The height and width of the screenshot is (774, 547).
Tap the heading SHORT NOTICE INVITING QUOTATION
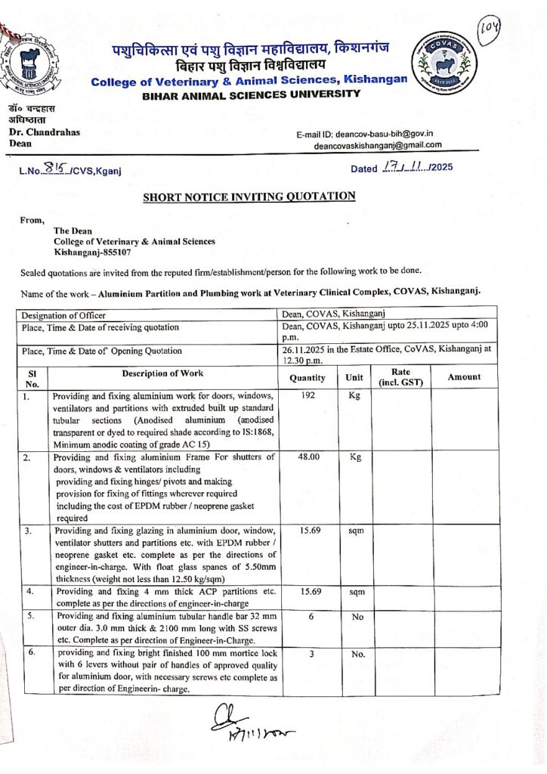pyautogui.click(x=249, y=197)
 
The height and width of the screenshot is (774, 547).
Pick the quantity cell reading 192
pyautogui.click(x=307, y=395)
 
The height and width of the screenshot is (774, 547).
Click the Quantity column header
pyautogui.click(x=307, y=377)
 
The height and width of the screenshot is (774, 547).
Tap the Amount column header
pyautogui.click(x=463, y=376)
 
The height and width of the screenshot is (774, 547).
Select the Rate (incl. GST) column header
pyautogui.click(x=400, y=376)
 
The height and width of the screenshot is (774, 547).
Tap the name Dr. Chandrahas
pyautogui.click(x=45, y=132)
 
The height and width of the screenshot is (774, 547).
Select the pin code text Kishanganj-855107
pyautogui.click(x=91, y=252)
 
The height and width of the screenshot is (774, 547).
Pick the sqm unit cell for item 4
pyautogui.click(x=354, y=592)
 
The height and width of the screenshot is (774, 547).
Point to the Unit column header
pyautogui.click(x=354, y=377)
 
